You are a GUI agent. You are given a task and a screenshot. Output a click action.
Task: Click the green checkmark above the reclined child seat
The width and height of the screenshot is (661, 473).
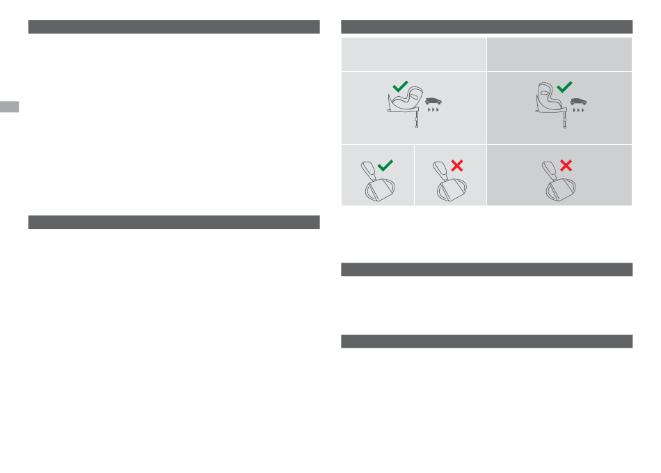tap(399, 86)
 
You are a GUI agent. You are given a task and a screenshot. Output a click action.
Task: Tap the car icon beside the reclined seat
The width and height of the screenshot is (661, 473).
tap(435, 102)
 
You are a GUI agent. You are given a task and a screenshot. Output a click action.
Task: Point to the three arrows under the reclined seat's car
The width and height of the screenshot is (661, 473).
tap(436, 111)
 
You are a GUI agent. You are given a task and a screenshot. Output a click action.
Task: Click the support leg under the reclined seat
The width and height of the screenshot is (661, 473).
tap(416, 120)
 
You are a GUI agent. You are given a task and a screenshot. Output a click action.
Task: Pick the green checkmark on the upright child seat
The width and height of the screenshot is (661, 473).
tap(565, 86)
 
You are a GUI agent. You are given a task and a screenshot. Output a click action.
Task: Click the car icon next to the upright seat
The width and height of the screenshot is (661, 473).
tap(578, 102)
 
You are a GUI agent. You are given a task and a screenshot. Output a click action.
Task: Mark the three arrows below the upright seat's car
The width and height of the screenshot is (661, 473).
tap(578, 111)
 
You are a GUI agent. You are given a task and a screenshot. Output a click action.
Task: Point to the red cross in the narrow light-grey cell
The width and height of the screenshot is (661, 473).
tap(457, 165)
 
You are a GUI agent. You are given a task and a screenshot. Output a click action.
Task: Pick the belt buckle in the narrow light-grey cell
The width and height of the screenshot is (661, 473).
tap(447, 184)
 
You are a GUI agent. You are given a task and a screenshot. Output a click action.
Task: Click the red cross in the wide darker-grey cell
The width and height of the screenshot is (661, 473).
tap(566, 165)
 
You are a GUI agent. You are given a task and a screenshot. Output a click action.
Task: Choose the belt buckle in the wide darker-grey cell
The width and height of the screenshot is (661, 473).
tap(557, 184)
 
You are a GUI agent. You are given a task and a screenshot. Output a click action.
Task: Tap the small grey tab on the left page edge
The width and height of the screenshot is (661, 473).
tap(9, 107)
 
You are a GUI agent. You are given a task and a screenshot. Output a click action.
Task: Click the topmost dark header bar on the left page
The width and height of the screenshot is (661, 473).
tap(174, 27)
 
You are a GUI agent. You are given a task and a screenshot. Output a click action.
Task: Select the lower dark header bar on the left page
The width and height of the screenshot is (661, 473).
tap(174, 222)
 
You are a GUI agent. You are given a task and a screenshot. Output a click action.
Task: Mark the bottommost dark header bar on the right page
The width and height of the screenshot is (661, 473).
tap(486, 341)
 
